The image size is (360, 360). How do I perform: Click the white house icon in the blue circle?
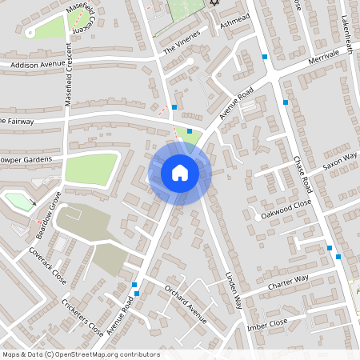(x=180, y=173)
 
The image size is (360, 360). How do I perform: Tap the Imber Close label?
(x=267, y=323)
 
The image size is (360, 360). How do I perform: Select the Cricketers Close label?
(x=82, y=318)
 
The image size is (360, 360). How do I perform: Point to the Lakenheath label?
(x=346, y=22)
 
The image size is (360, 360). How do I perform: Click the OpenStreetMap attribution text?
(x=81, y=354)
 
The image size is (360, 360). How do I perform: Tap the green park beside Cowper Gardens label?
(x=90, y=169)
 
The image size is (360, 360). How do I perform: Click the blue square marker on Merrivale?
(x=265, y=57)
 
